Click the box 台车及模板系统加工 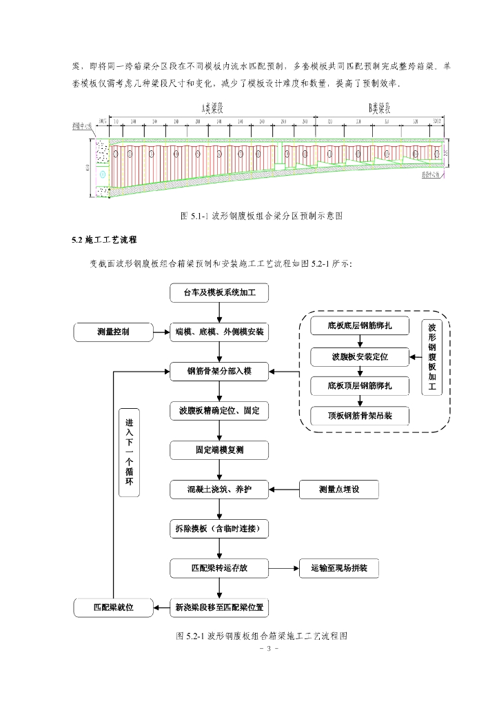(219, 292)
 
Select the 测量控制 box (113, 332)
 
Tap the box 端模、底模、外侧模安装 (219, 332)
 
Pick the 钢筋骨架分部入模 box (219, 372)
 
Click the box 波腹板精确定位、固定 (219, 412)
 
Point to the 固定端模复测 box (219, 451)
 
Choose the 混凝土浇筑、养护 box (219, 490)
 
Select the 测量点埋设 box (339, 490)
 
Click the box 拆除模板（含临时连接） (219, 529)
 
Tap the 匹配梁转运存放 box (219, 569)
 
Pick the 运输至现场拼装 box (339, 569)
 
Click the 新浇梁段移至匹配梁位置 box (219, 608)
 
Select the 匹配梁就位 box (113, 608)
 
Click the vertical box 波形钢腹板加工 (432, 357)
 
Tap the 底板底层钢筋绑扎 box (360, 325)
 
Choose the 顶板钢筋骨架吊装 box (360, 416)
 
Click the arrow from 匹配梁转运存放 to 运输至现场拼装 (284, 569)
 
